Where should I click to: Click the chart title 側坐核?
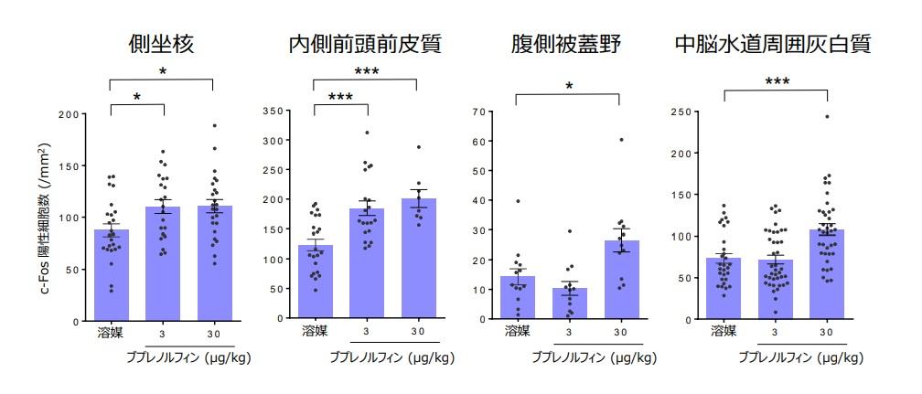click(161, 44)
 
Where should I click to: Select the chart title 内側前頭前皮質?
click(365, 44)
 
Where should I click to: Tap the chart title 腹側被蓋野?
click(567, 44)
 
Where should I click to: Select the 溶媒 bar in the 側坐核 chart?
click(110, 275)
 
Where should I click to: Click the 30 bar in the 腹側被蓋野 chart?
click(620, 280)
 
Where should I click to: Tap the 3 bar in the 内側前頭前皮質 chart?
click(366, 264)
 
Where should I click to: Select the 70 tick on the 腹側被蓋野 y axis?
click(476, 112)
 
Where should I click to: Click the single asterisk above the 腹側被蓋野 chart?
click(568, 88)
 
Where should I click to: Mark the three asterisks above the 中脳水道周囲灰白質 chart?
click(776, 83)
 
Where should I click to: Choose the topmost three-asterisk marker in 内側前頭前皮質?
click(365, 72)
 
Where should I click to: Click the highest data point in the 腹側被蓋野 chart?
click(620, 140)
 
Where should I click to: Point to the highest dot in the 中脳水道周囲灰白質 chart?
click(827, 117)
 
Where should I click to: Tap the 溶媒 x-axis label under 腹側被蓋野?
click(517, 330)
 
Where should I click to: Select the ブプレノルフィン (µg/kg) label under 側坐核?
click(188, 358)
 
